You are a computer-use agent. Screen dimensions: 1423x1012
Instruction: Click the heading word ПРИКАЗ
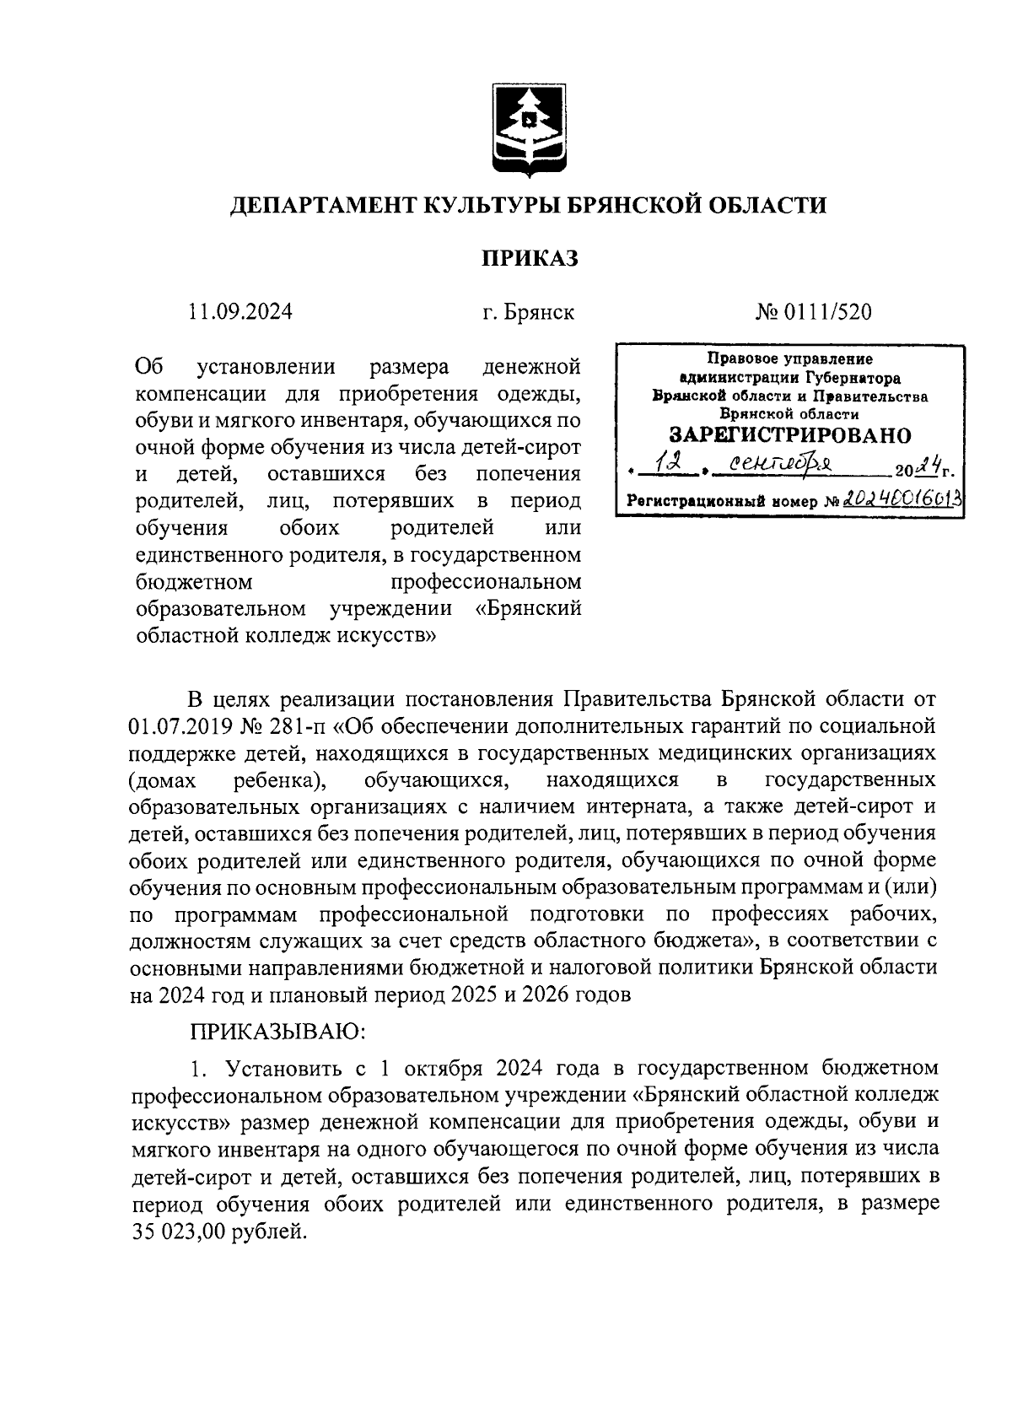(530, 258)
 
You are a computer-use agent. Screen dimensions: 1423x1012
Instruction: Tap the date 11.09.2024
(241, 312)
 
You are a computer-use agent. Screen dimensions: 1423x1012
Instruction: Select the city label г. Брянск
(529, 312)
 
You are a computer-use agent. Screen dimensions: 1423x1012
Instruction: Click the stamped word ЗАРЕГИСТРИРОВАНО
(790, 435)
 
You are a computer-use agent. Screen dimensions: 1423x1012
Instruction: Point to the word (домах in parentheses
(164, 779)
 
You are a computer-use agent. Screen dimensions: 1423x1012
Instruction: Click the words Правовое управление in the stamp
(790, 358)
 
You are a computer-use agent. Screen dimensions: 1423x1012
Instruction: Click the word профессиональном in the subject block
(486, 582)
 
